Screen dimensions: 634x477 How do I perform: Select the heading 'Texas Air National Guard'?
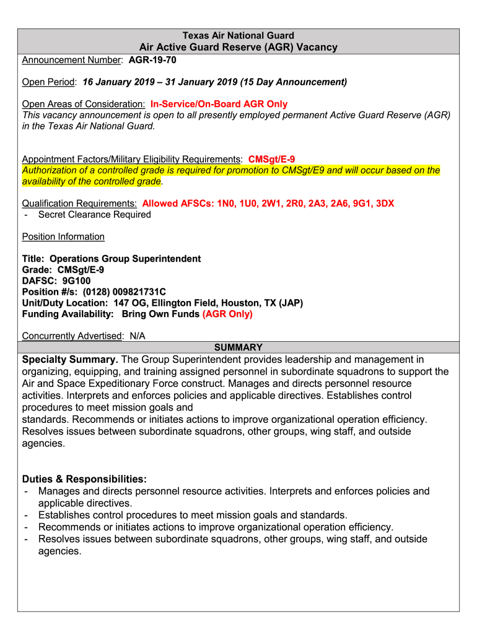[x=239, y=36]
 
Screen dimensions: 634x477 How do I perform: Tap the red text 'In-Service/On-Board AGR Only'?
[x=219, y=104]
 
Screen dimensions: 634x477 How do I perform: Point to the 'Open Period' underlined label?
[x=49, y=82]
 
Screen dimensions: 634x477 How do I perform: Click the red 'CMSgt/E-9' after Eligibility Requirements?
[x=267, y=159]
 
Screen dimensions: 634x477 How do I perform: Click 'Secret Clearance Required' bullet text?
[x=94, y=215]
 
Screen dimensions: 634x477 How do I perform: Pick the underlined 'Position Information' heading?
[x=63, y=237]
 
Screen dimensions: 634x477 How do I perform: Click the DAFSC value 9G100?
[x=76, y=281]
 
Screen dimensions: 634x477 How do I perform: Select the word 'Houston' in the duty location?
[x=231, y=303]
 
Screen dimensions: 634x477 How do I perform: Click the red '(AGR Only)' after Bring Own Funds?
[x=227, y=315]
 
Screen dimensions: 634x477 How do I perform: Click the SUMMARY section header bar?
[x=239, y=347]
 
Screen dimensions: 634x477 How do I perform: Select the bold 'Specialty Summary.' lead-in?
[x=70, y=360]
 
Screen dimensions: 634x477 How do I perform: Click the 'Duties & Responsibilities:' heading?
[x=84, y=480]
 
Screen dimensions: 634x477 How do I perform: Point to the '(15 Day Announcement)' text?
[x=294, y=82]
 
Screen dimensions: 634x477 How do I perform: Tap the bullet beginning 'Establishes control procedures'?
[x=192, y=515]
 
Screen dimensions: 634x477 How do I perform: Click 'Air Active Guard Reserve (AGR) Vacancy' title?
[x=239, y=47]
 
